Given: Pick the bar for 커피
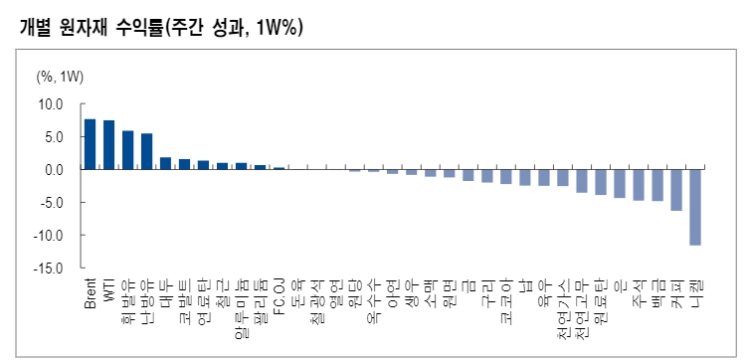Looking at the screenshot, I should (x=676, y=190).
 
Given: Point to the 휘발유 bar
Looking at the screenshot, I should (x=127, y=150).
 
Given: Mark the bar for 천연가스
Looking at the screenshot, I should (x=563, y=178).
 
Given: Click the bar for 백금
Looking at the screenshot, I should (x=657, y=185).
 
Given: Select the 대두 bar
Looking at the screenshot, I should (x=165, y=163).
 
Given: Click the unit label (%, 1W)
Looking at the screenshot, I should (x=61, y=77).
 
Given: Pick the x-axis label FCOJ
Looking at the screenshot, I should (x=280, y=293).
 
